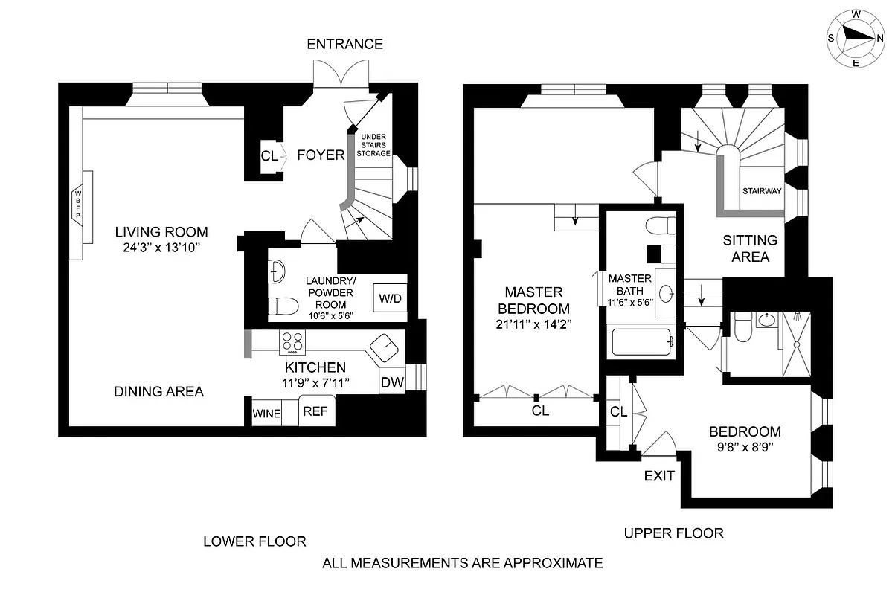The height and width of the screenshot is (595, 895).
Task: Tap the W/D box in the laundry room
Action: coord(389,298)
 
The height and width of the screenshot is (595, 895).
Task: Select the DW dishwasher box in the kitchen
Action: coord(392,382)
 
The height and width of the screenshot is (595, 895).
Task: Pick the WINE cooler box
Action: coord(266,414)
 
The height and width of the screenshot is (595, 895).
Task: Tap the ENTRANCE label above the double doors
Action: coord(345,44)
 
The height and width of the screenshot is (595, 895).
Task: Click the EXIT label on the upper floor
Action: coord(659,475)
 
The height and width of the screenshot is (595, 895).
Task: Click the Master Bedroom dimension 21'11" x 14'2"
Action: coord(533,324)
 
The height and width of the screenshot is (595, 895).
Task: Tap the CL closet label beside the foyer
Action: coord(269,156)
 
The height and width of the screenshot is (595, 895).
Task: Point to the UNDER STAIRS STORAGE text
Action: coord(374,145)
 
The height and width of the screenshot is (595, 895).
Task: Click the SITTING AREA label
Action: coord(750,248)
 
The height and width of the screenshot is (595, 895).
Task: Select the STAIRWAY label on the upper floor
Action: coord(761,191)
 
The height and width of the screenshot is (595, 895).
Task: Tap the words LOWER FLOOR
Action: coord(255,541)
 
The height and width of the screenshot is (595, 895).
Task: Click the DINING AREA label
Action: coord(158,391)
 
